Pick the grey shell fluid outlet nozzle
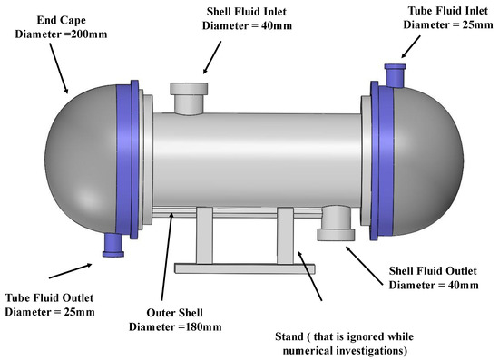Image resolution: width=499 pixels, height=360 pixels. tap(337, 224)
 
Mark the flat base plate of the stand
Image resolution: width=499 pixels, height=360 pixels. tap(244, 268)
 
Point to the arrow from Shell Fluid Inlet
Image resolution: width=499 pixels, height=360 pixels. tap(210, 59)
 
